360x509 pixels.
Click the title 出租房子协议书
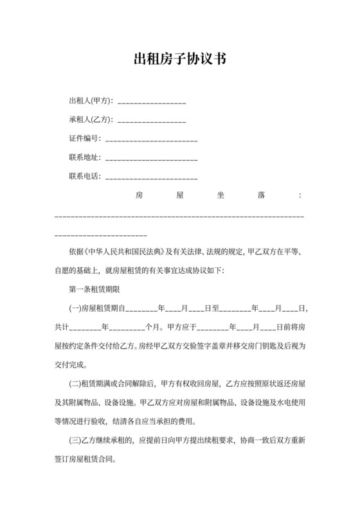179,60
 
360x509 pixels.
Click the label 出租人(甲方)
91,101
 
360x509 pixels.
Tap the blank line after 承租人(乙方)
152,121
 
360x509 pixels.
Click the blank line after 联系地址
151,158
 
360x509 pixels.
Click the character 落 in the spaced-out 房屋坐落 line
261,195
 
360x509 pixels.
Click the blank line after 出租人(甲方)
152,102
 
